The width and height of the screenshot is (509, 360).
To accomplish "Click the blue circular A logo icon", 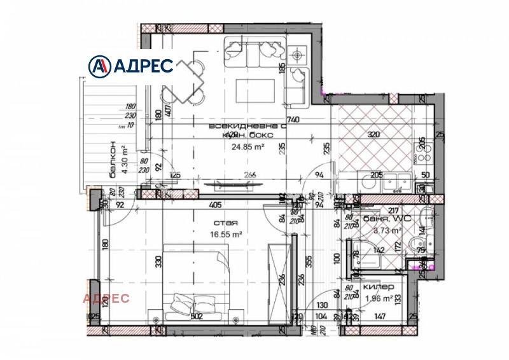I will (x=99, y=66).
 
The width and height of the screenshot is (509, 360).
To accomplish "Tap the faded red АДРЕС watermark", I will (x=106, y=298).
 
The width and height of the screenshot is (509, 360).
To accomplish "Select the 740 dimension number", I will (x=293, y=120).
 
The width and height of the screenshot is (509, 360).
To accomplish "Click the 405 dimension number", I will (x=215, y=205).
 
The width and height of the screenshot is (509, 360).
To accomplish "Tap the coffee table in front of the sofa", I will (x=256, y=87).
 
